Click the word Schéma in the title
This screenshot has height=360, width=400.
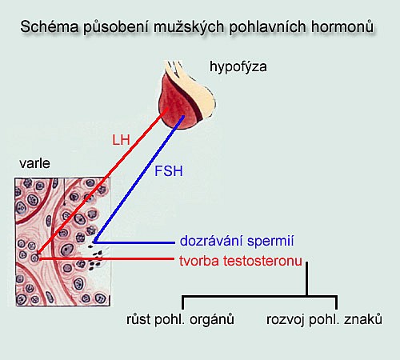coord(50,26)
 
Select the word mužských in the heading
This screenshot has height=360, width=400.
coord(189,28)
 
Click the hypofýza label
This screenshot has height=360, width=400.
coord(238,67)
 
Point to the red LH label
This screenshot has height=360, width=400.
coord(121,140)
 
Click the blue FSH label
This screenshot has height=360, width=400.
coord(169,171)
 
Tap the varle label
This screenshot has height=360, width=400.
coord(34,163)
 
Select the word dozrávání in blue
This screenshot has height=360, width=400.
coord(211,241)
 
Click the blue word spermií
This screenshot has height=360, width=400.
coord(270,242)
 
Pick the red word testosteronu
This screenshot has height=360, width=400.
coord(262,261)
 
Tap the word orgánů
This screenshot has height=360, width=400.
coord(212,319)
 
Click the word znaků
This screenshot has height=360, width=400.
coord(363,319)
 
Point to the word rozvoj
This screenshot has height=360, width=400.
coord(286,320)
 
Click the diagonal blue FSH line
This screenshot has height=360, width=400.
coord(139,179)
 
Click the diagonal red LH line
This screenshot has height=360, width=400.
coord(102,181)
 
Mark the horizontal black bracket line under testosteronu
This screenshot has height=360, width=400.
coord(260,296)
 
